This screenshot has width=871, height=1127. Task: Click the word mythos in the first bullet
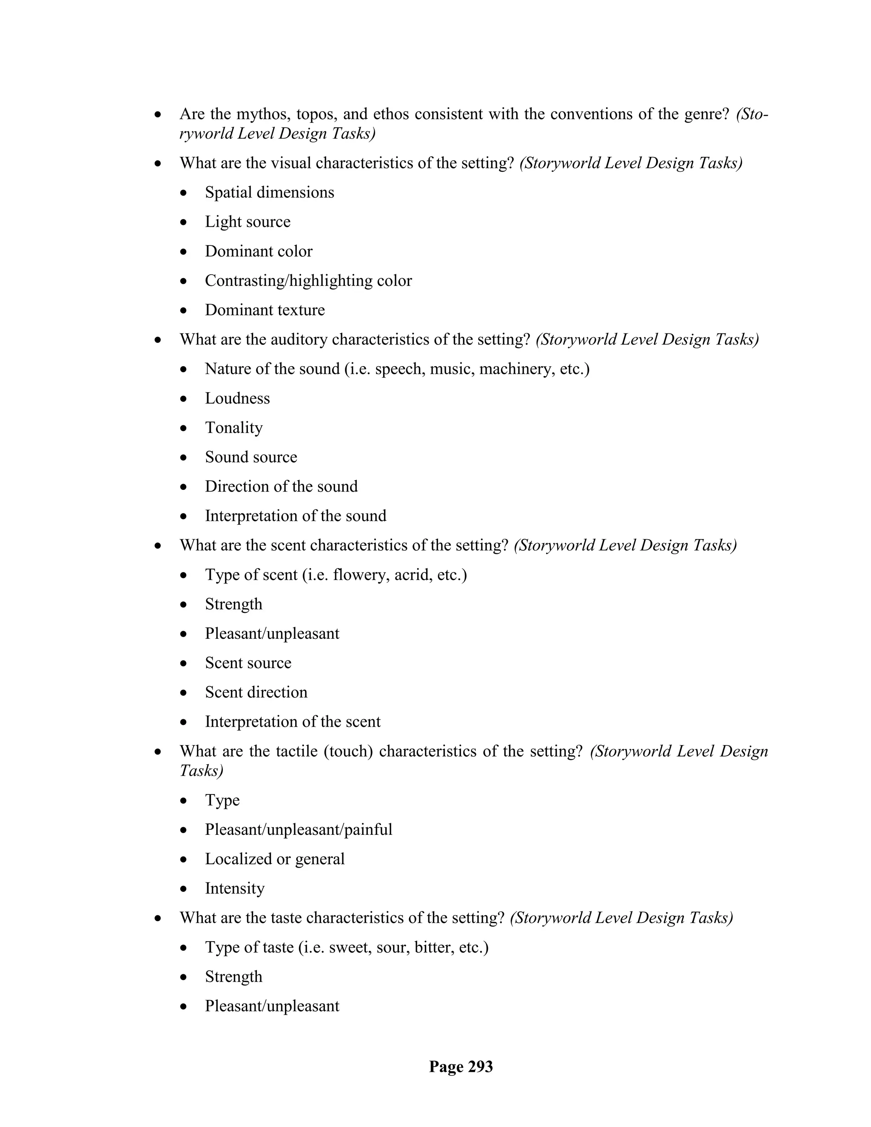(x=259, y=114)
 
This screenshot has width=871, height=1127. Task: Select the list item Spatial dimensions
(x=269, y=193)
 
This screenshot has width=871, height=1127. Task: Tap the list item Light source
(x=248, y=222)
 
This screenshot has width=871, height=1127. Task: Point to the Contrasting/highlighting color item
(x=308, y=281)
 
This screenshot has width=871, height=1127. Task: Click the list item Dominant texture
(x=265, y=310)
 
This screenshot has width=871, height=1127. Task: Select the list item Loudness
(x=237, y=398)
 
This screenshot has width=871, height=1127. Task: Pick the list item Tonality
(x=234, y=428)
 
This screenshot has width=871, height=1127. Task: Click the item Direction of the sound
(x=281, y=487)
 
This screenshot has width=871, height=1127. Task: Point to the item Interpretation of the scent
(x=293, y=722)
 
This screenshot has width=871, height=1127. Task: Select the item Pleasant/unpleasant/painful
(x=299, y=830)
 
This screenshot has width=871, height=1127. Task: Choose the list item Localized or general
(x=274, y=859)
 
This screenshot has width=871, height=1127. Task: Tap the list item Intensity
(x=235, y=888)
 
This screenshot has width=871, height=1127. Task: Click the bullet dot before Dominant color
(x=184, y=252)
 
